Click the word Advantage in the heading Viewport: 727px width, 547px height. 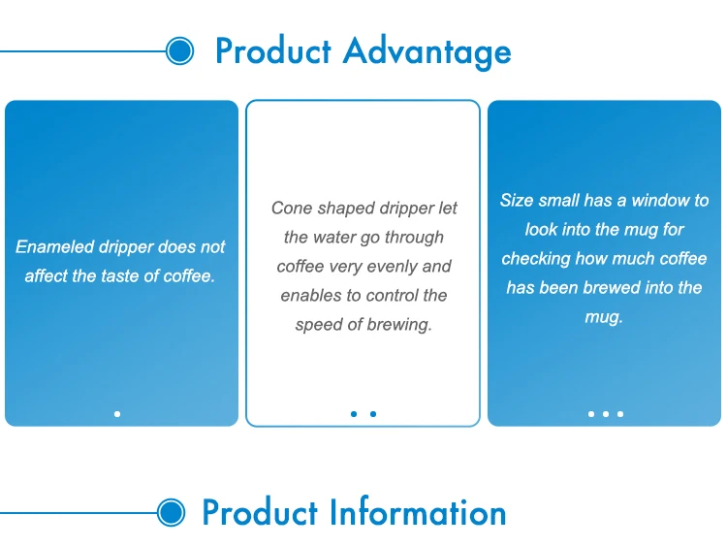(x=427, y=51)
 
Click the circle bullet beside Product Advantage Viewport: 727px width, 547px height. (x=180, y=50)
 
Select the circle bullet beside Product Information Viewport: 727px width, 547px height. (x=171, y=513)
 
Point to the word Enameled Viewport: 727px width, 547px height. (x=55, y=246)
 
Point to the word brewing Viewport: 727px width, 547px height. (x=399, y=324)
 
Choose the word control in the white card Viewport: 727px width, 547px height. (x=377, y=295)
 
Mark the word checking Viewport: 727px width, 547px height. (x=535, y=258)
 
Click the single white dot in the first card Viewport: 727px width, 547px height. (x=117, y=414)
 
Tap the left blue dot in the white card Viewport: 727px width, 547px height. (x=354, y=414)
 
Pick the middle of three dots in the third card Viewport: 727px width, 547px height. (x=606, y=414)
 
